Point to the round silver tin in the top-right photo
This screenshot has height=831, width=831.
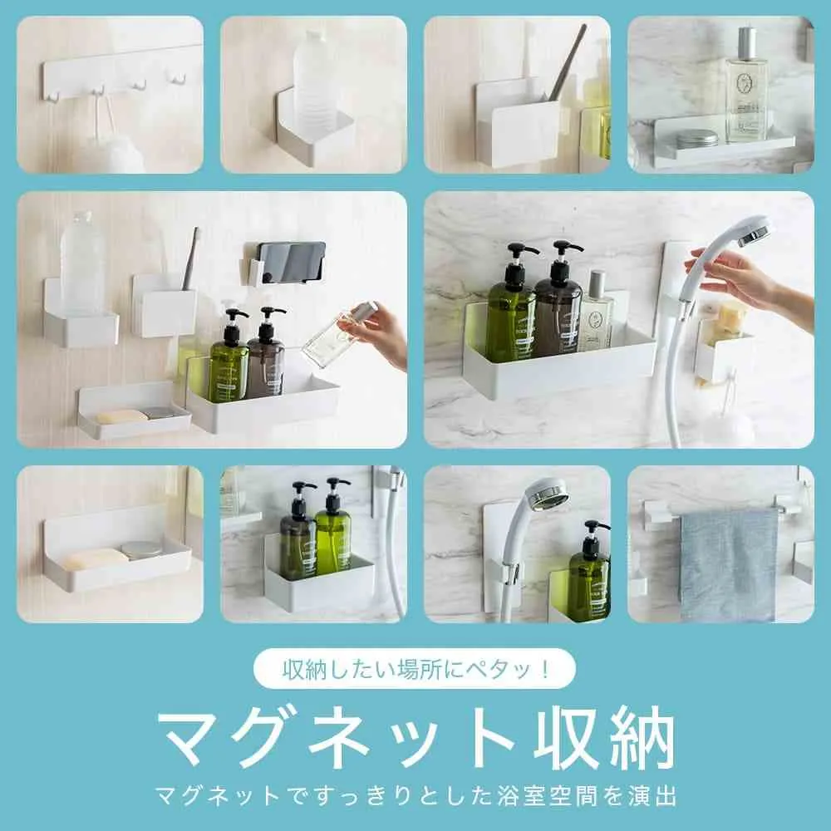point(696,138)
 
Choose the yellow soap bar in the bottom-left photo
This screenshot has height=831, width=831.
point(94,558)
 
